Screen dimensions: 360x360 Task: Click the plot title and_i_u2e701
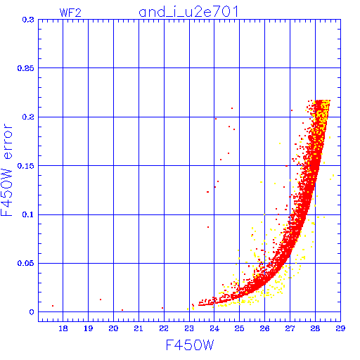click(188, 12)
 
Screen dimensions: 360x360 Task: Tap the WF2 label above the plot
click(70, 13)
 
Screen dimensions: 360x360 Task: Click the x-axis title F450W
click(190, 345)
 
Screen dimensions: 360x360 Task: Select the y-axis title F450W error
click(6, 169)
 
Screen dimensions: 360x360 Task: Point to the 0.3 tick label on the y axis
click(28, 20)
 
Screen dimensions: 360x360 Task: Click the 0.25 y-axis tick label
click(26, 68)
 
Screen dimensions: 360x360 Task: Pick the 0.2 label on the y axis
click(28, 117)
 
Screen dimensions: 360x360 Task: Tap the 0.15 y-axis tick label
click(26, 166)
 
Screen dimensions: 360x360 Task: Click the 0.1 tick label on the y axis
click(28, 214)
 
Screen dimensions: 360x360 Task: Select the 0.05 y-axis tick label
click(26, 263)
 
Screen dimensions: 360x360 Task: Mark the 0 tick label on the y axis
click(32, 312)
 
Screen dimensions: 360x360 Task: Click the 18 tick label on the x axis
click(63, 328)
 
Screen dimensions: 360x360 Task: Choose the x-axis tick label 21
click(139, 328)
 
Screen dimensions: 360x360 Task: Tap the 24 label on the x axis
click(214, 328)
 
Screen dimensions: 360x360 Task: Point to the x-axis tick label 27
click(290, 328)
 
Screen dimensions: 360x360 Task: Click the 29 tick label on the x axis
click(340, 328)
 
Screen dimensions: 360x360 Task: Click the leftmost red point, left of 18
click(53, 306)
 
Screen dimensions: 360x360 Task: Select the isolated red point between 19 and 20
click(101, 300)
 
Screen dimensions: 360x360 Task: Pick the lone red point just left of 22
click(162, 308)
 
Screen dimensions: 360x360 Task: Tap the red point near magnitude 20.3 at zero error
click(122, 310)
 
